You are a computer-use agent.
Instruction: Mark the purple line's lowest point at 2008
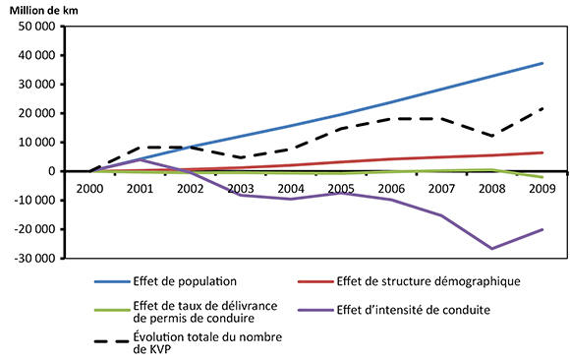click(491, 249)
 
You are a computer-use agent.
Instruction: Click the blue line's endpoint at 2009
click(542, 63)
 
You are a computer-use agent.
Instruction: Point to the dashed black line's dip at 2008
click(491, 136)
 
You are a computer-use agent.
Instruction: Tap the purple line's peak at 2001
click(141, 159)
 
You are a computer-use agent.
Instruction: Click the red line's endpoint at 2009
click(542, 152)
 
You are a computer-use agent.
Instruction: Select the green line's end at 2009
click(542, 177)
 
